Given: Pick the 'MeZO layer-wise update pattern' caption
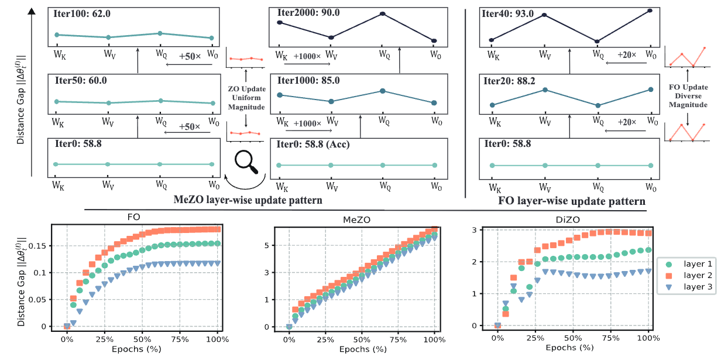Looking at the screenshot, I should [249, 200].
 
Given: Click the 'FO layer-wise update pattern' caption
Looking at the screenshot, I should [572, 201].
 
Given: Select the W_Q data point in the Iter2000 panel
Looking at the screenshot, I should [382, 13].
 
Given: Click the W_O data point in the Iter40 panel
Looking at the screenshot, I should [650, 11].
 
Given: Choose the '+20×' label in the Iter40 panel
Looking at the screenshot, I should [627, 54].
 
